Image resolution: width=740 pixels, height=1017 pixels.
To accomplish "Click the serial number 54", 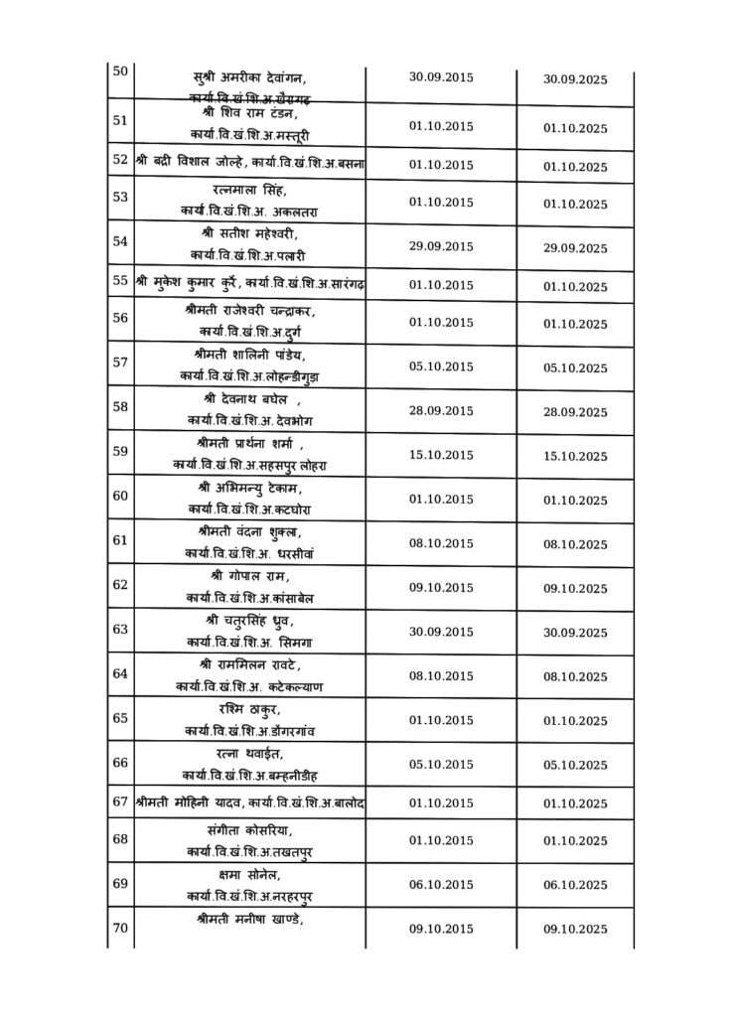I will click(120, 240).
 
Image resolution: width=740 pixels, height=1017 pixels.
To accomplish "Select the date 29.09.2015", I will click(441, 246).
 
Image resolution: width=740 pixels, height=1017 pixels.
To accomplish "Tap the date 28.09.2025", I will click(575, 412).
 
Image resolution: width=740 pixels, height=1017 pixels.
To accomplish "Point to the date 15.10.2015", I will click(441, 455).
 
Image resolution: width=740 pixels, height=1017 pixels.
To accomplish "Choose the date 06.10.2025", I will click(575, 885).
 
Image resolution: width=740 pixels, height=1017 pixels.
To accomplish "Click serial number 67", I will click(120, 801).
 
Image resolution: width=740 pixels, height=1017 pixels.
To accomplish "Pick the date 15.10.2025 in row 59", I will click(575, 457).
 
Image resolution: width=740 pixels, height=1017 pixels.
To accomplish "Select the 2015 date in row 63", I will click(441, 630).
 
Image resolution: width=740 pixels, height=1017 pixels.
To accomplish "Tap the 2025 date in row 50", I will click(575, 80).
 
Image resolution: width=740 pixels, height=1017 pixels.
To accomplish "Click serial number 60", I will click(120, 496).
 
